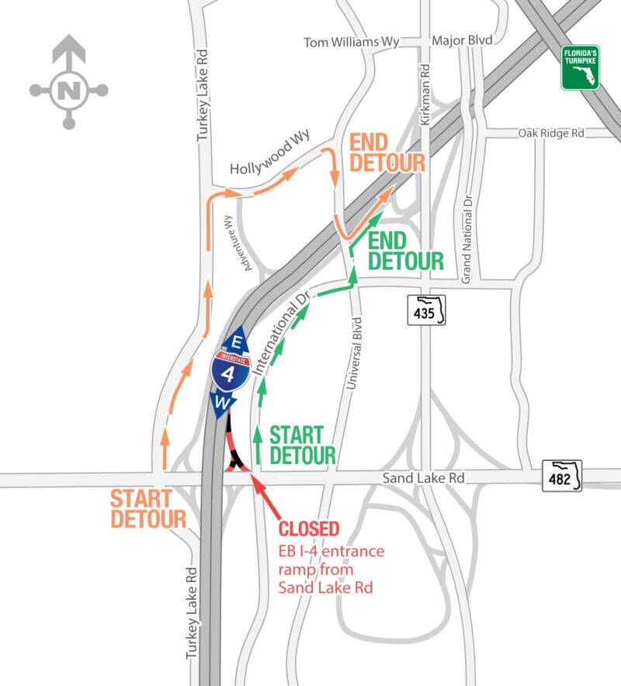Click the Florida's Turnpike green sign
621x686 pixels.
581,68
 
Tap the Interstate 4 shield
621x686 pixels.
231,371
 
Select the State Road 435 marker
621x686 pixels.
426,310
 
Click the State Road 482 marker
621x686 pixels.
562,476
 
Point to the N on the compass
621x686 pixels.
68,91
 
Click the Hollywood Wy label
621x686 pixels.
270,152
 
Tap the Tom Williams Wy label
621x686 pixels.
352,43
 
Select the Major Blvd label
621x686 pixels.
462,40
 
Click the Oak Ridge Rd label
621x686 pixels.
551,133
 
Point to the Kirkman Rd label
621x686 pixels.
425,95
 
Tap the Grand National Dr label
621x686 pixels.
467,239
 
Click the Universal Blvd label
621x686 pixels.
354,354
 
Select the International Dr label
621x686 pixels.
282,334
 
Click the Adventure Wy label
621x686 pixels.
238,243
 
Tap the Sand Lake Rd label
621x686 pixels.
423,478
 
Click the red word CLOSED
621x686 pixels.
309,528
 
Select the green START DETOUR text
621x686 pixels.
303,445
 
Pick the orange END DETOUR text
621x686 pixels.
387,153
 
